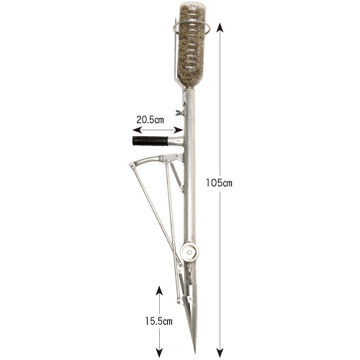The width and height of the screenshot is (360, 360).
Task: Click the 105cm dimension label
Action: pyautogui.click(x=219, y=183)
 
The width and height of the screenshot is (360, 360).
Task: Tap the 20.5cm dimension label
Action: pyautogui.click(x=150, y=120)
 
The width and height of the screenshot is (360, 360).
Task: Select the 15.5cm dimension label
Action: pyautogui.click(x=158, y=321)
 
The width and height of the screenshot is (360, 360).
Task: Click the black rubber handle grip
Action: pyautogui.click(x=150, y=141)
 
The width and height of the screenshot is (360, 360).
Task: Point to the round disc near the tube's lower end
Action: pyautogui.click(x=189, y=252)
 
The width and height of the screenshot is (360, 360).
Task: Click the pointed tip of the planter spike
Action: pyautogui.click(x=195, y=353)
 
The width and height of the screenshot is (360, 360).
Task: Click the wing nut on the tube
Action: pyautogui.click(x=180, y=112)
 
